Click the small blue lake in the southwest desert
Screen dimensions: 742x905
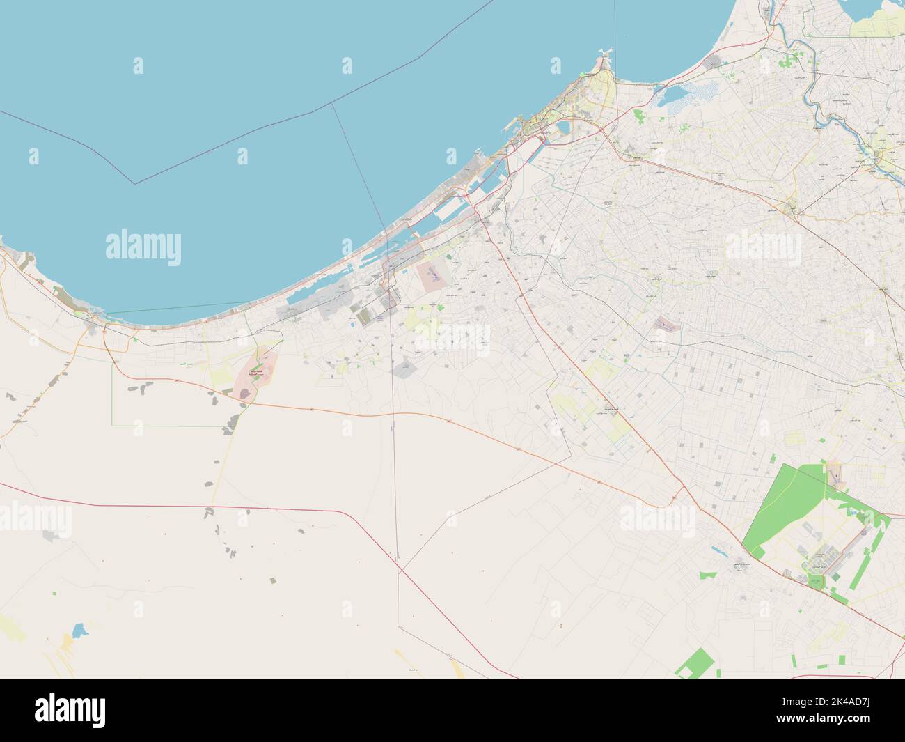tap(79, 632)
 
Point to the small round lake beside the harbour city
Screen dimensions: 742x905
tap(563, 128)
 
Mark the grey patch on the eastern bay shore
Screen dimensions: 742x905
tap(712, 63)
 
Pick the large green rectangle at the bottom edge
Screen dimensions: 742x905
tap(695, 663)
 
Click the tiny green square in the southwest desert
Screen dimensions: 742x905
tap(55, 594)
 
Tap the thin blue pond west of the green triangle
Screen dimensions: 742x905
tap(716, 550)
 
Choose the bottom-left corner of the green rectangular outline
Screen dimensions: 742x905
tap(113, 424)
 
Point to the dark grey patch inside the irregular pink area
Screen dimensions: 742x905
tap(244, 394)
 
